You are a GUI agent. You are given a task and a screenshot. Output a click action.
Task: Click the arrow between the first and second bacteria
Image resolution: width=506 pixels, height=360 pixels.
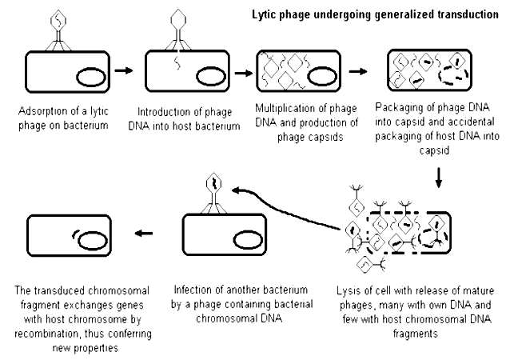pos(123,70)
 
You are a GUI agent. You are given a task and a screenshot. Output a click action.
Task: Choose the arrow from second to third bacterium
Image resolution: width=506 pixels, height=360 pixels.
pos(240,70)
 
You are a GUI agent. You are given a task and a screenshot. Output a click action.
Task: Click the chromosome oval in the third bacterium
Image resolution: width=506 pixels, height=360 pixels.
pos(320,77)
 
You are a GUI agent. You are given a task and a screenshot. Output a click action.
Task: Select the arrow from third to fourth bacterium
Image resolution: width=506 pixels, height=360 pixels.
pos(361,70)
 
